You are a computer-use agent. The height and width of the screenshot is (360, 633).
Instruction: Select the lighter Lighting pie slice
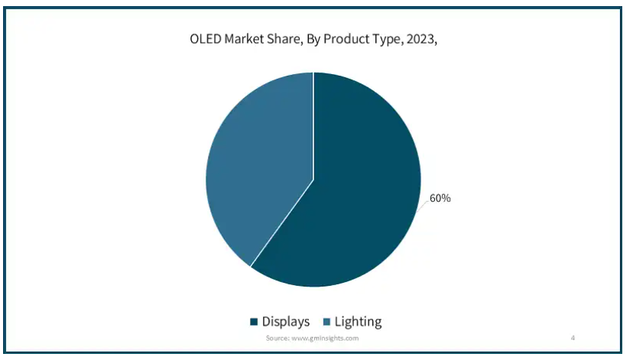252,168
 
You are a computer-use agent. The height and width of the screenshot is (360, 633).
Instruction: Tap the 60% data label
440,199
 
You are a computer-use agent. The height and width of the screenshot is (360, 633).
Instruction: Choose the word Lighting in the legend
357,322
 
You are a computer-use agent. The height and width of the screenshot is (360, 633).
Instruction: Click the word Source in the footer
277,338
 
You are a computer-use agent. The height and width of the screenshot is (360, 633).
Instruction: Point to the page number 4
573,338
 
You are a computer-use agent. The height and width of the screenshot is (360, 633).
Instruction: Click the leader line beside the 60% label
424,203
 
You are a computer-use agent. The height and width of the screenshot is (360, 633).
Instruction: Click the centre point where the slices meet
313,180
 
